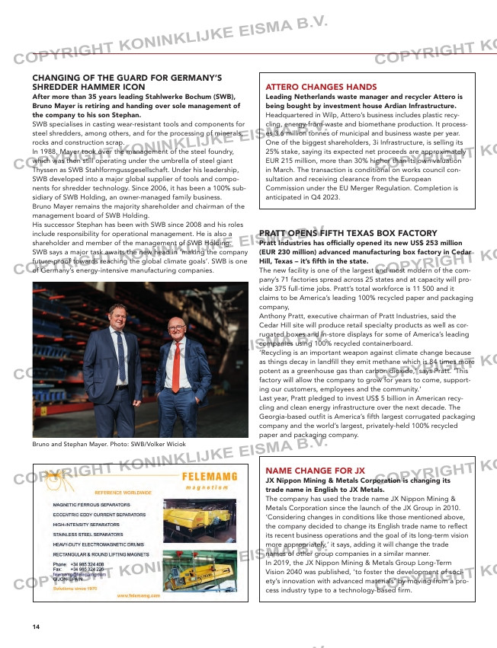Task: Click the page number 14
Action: [36, 627]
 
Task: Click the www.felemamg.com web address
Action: [137, 596]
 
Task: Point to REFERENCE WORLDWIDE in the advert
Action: [123, 492]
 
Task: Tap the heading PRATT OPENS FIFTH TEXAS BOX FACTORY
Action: [348, 233]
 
